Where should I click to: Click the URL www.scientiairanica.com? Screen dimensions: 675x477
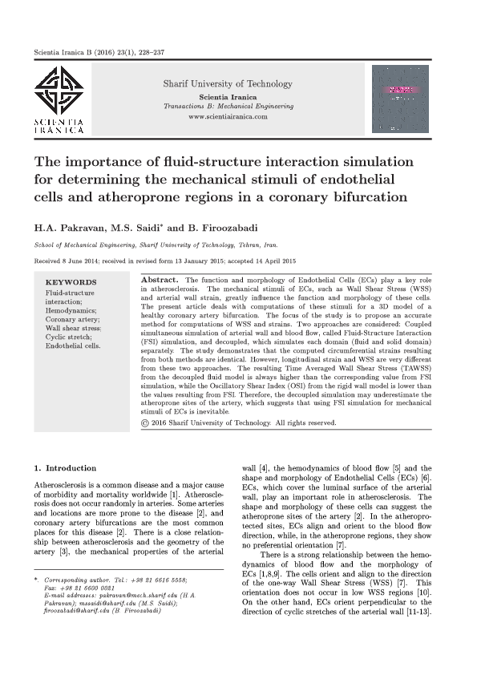tap(227, 117)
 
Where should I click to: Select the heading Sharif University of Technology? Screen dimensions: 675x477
tap(228, 83)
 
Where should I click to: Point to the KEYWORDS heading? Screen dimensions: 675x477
tap(71, 282)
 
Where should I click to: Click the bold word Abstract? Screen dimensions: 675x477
tap(159, 279)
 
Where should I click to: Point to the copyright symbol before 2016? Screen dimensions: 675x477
tap(145, 422)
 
